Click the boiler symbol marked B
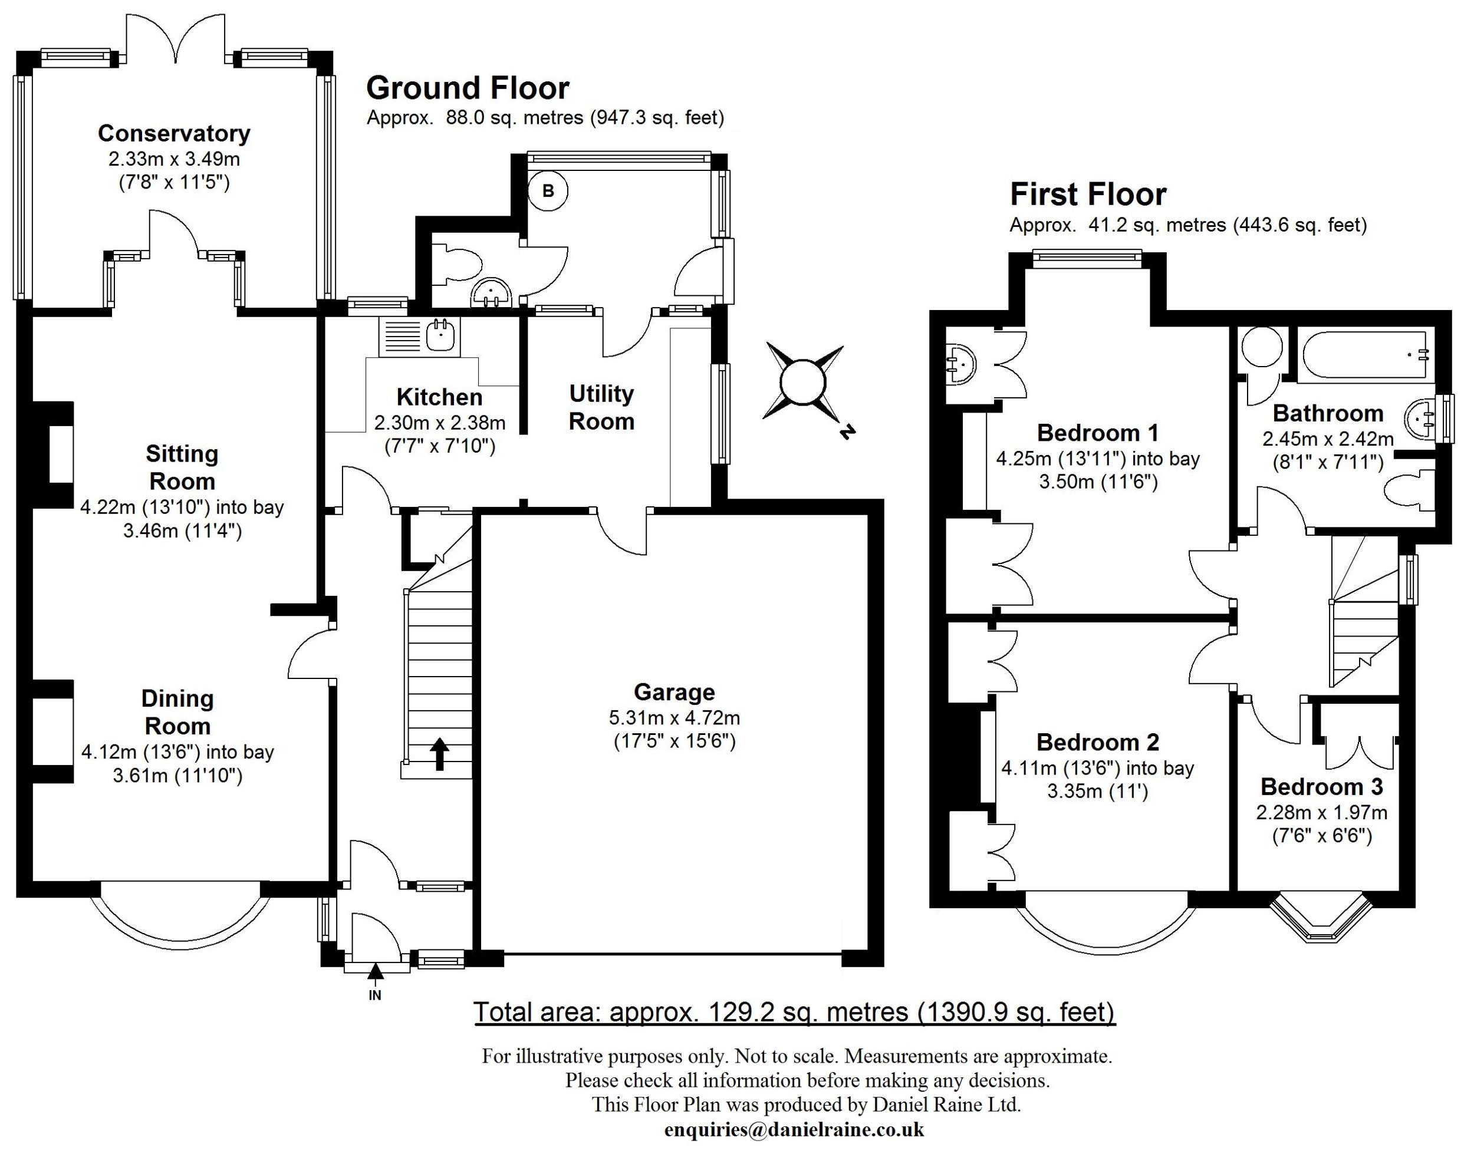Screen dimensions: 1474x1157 548,191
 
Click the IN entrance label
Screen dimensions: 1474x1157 375,995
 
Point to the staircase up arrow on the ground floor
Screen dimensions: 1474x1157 439,753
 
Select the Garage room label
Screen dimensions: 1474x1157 674,691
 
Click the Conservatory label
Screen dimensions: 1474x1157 174,133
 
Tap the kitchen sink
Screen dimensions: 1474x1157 441,335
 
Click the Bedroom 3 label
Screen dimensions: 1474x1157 1321,786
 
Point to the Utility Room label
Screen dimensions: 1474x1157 601,407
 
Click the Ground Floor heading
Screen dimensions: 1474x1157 468,88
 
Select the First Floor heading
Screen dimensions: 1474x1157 1088,195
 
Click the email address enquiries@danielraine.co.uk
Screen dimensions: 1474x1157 794,1129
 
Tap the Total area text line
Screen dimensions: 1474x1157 794,1012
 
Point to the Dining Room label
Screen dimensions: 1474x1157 177,712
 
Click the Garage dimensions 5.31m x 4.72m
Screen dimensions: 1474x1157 674,717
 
